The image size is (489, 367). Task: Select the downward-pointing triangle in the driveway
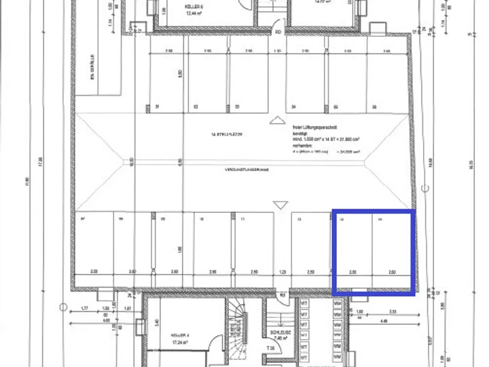(281, 206)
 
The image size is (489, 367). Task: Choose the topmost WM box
(337, 304)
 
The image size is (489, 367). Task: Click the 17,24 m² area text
(165, 343)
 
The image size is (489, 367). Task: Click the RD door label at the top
(278, 32)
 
